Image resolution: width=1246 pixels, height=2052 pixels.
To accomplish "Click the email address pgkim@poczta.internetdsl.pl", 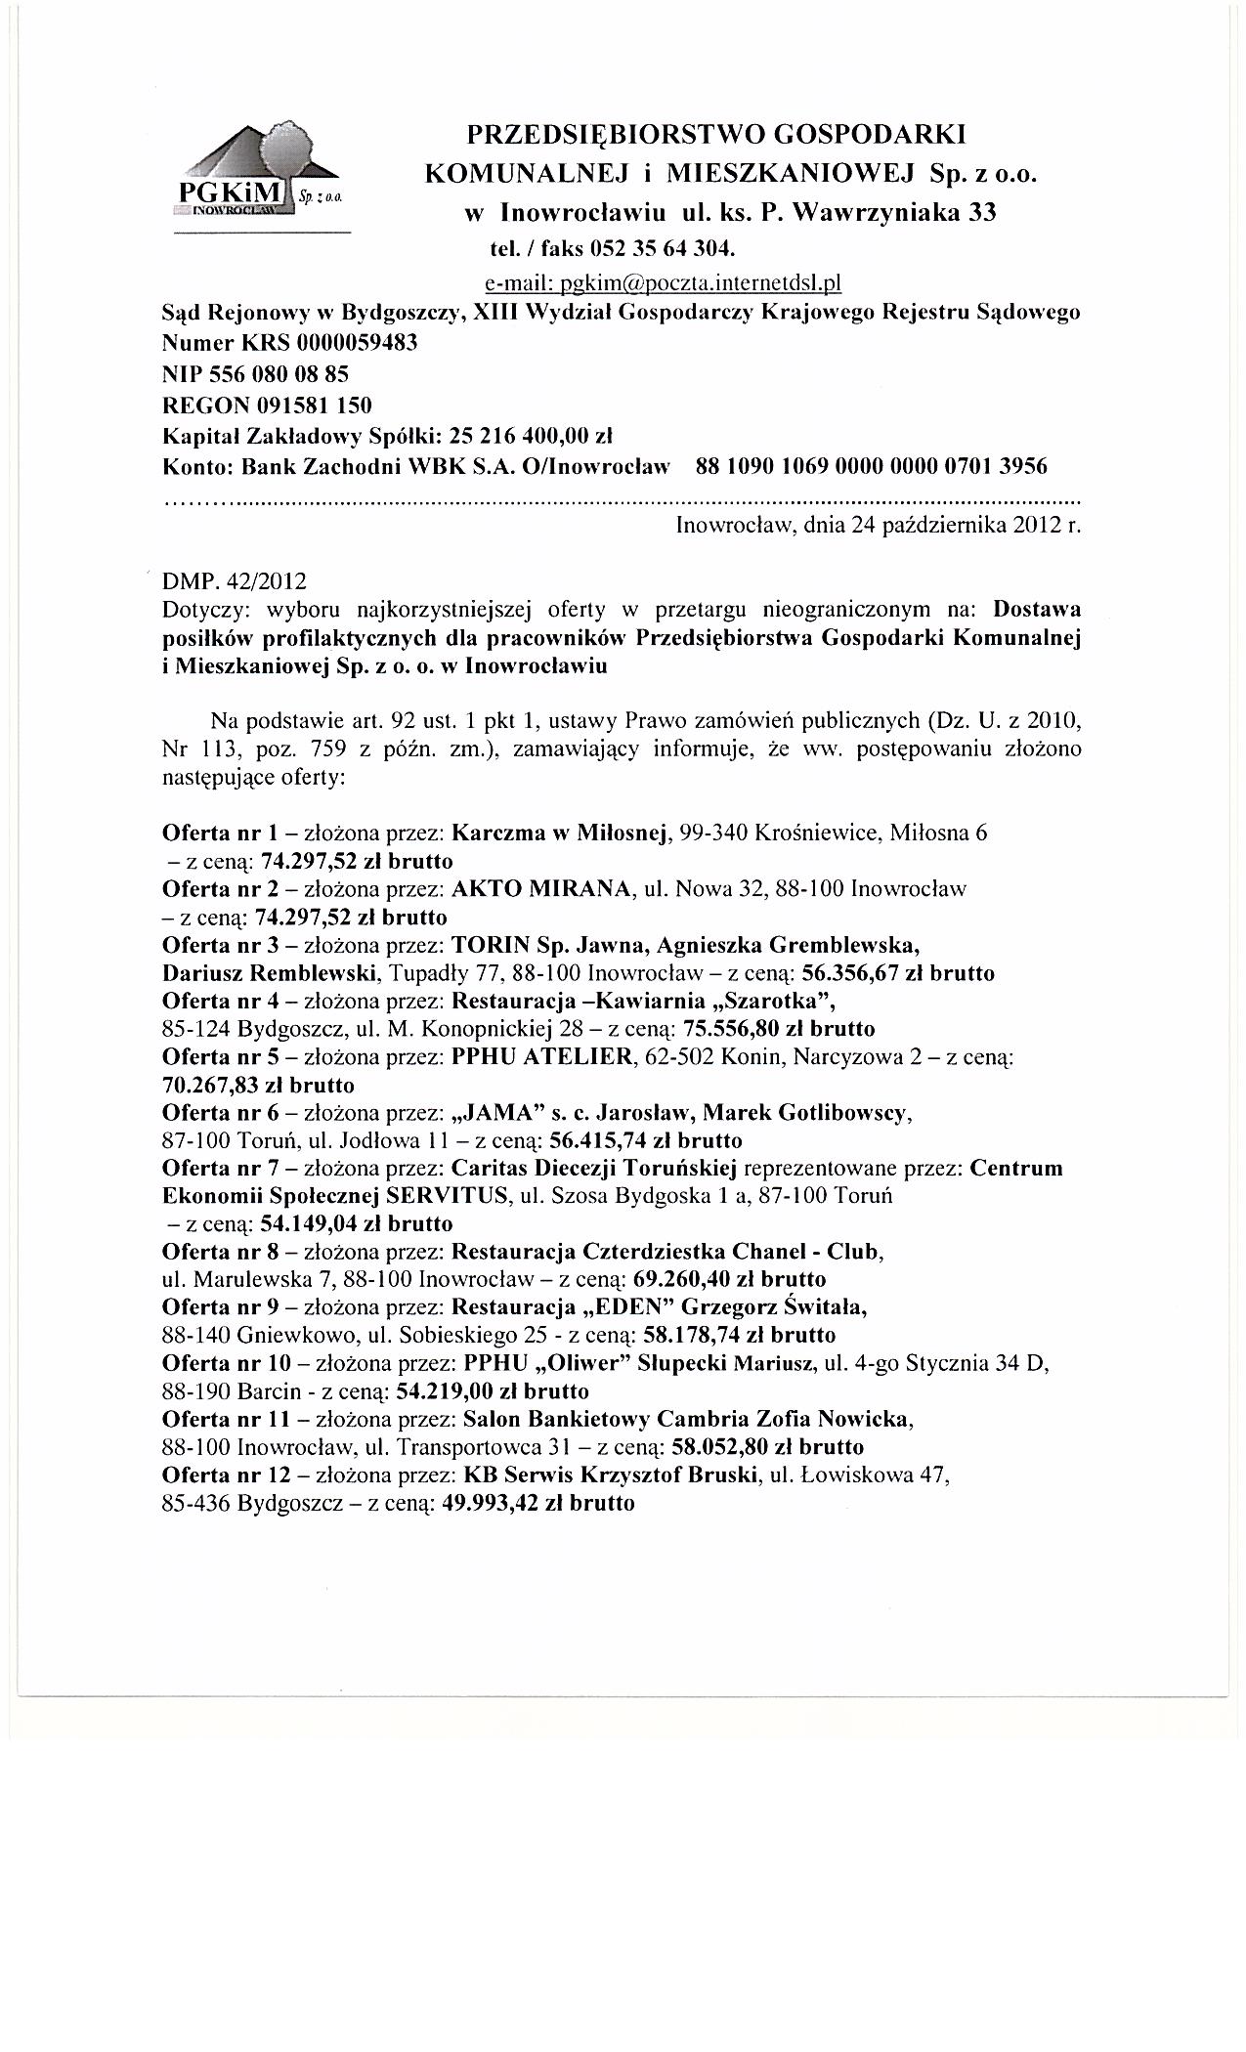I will pos(664,283).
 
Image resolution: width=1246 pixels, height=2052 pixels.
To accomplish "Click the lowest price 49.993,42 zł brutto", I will pos(538,1503).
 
